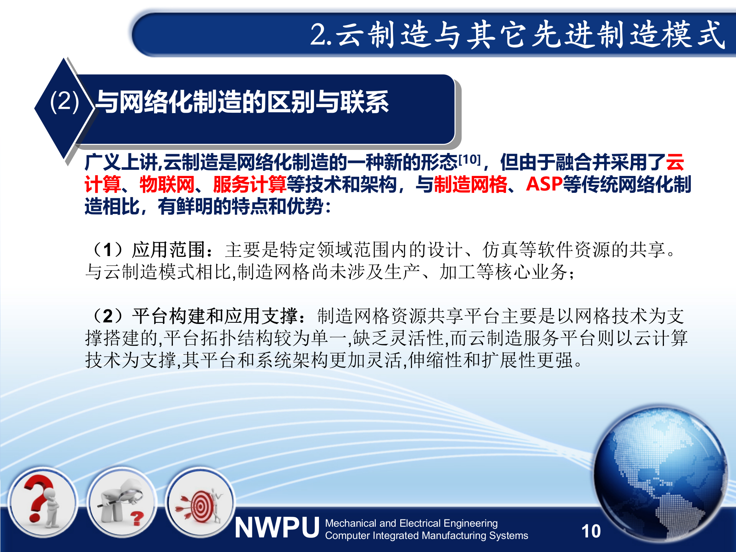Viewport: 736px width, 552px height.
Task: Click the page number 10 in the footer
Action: [x=591, y=531]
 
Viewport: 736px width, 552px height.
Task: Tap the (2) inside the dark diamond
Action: [x=64, y=102]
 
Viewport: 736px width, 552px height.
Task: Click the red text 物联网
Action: [x=167, y=184]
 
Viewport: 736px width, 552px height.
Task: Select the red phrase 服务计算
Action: [x=250, y=184]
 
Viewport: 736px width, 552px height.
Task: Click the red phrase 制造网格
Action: [x=470, y=184]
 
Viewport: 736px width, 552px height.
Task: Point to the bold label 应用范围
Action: [x=169, y=250]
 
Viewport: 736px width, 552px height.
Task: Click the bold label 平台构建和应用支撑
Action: [x=215, y=316]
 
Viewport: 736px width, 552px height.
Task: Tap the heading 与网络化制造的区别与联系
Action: [x=242, y=102]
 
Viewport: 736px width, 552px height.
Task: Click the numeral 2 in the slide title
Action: [x=318, y=35]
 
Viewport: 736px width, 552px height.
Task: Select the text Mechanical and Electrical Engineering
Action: [x=411, y=523]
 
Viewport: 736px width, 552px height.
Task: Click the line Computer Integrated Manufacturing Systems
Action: [x=426, y=536]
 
